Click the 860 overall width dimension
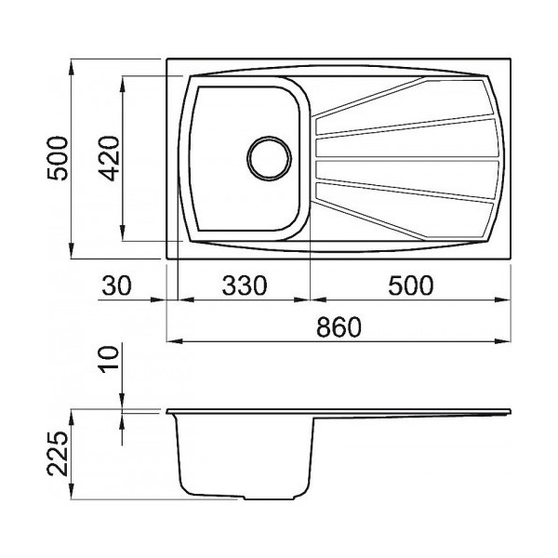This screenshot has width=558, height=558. click(339, 327)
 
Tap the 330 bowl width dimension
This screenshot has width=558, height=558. click(244, 286)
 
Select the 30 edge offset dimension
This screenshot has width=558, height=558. click(116, 286)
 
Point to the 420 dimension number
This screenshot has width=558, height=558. click(109, 158)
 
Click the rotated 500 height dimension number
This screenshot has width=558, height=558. click(58, 158)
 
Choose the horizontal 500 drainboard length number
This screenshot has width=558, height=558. click(411, 286)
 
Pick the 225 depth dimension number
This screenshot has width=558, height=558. click(58, 454)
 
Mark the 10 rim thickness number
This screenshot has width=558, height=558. click(109, 359)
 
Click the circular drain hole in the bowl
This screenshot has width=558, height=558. click(269, 158)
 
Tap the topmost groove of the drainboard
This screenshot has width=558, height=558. click(402, 97)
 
